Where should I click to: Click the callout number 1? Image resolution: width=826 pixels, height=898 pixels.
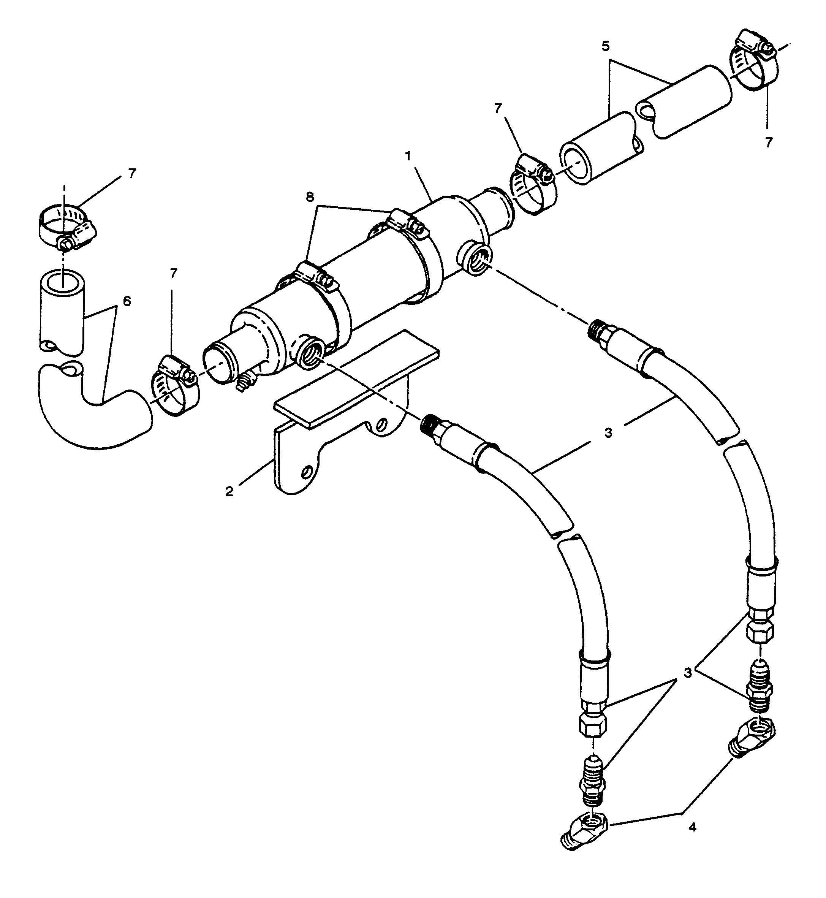pos(407,157)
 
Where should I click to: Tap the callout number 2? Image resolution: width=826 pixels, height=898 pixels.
pos(229,492)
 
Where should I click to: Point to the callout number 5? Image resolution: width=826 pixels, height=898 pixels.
pos(606,46)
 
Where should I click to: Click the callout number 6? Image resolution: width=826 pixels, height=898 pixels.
pos(127,301)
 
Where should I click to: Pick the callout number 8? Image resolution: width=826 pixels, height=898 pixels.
pos(310,197)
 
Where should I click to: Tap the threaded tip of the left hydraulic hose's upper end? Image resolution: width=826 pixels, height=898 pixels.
pos(430,423)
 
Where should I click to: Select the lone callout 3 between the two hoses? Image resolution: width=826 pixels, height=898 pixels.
pos(608,433)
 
